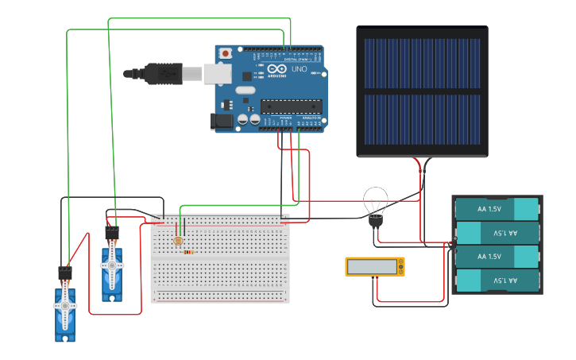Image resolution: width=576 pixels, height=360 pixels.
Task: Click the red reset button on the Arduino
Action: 226,53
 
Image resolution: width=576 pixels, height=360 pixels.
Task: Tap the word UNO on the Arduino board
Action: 300,70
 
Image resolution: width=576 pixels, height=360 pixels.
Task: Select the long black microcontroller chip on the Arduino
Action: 292,106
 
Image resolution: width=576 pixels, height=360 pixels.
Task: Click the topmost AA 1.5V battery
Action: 497,209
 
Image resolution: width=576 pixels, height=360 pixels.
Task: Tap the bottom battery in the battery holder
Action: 497,281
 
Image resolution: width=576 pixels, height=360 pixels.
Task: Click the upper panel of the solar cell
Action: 422,64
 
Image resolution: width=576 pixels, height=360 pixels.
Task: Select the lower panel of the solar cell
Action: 422,120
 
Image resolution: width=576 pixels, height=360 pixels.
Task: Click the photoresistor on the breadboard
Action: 178,240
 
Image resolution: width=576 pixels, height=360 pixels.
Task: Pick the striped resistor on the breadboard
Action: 188,253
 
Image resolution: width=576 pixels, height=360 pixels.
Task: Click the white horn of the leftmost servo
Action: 65,306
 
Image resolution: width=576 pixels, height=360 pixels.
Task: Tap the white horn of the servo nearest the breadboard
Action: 112,265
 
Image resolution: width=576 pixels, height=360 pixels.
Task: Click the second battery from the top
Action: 497,233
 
